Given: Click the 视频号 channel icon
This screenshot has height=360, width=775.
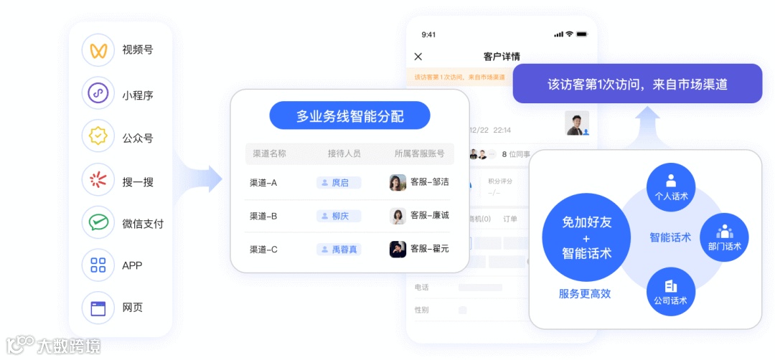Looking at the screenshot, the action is [98, 50].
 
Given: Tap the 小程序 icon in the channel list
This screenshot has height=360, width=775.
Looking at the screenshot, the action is [98, 93].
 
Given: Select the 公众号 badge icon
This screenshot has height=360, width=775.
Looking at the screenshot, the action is [98, 136].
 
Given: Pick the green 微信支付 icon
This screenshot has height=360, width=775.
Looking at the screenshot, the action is [98, 222].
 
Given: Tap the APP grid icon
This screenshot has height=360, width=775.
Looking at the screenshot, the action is [98, 265].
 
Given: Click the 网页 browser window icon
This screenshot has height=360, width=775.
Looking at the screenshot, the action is [98, 308].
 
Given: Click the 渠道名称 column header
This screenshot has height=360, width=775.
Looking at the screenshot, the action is [269, 153].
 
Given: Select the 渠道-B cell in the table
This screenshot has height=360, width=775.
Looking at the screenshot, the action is [263, 216].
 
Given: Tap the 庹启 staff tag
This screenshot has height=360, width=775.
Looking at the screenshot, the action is [339, 183].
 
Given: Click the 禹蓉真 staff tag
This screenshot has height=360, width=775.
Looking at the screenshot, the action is [339, 250].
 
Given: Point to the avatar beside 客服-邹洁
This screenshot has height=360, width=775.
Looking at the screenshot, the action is [398, 183].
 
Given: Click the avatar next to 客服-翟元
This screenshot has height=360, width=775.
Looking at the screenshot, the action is [398, 250].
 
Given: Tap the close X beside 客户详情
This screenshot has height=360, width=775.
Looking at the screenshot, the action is [418, 57].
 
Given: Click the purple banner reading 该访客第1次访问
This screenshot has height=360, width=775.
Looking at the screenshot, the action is [637, 84].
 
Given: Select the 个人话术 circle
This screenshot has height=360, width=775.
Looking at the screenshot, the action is [671, 187].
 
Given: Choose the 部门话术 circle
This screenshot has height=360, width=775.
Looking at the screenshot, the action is [724, 237].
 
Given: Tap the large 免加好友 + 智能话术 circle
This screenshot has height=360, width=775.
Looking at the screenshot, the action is [586, 237].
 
